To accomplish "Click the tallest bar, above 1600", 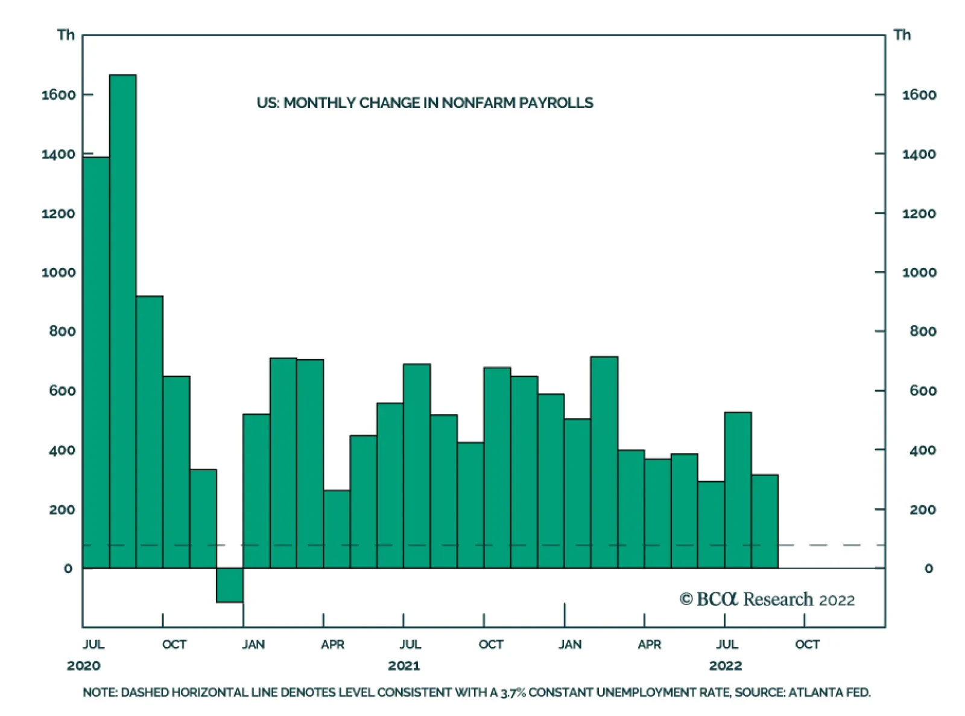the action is click(122, 321).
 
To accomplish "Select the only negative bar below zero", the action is click(230, 586).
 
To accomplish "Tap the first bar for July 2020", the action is click(96, 362).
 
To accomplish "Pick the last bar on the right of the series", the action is click(765, 522).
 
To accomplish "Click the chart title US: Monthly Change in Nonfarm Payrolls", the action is click(425, 103).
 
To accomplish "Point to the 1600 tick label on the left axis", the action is click(59, 95).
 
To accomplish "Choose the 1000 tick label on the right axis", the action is click(919, 273).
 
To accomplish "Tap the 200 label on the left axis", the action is click(62, 509).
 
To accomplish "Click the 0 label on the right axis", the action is click(928, 568).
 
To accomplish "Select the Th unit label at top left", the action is click(66, 35).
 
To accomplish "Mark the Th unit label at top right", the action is click(902, 35).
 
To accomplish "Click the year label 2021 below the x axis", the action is click(403, 666).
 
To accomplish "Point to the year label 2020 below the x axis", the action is click(84, 666).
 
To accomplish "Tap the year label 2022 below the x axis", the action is click(726, 666).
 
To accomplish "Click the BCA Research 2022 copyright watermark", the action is click(767, 599).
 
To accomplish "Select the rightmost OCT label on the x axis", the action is click(808, 644).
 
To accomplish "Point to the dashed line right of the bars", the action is click(832, 545).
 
